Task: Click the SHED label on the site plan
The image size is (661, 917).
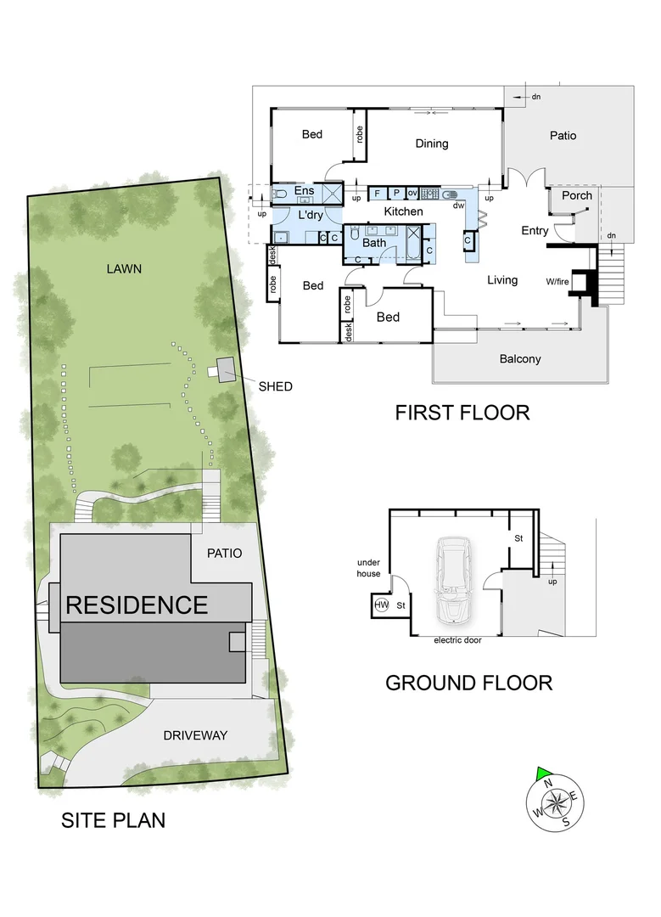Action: pos(276,386)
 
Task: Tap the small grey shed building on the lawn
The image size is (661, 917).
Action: pos(226,368)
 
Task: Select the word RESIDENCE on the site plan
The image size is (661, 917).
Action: pos(137,605)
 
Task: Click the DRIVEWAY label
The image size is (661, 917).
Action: pos(195,735)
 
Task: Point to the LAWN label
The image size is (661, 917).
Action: pos(124,268)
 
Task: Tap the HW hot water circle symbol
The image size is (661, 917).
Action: pos(381,605)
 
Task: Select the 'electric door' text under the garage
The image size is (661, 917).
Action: pos(457,640)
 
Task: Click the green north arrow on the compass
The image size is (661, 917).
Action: pos(543,772)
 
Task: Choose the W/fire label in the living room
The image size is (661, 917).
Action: pos(557,281)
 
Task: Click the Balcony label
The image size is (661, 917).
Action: pos(519,359)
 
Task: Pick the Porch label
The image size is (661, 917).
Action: pos(577,195)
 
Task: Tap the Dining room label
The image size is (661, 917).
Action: pos(431,143)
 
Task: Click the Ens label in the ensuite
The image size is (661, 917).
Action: pos(304,191)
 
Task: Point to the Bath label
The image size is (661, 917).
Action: pos(374,243)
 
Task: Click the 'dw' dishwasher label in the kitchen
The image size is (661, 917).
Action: pos(458,205)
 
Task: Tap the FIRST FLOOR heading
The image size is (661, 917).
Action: pos(462,413)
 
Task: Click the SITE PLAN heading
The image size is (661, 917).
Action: pos(113,820)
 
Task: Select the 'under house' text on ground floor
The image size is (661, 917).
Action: pos(369,568)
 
